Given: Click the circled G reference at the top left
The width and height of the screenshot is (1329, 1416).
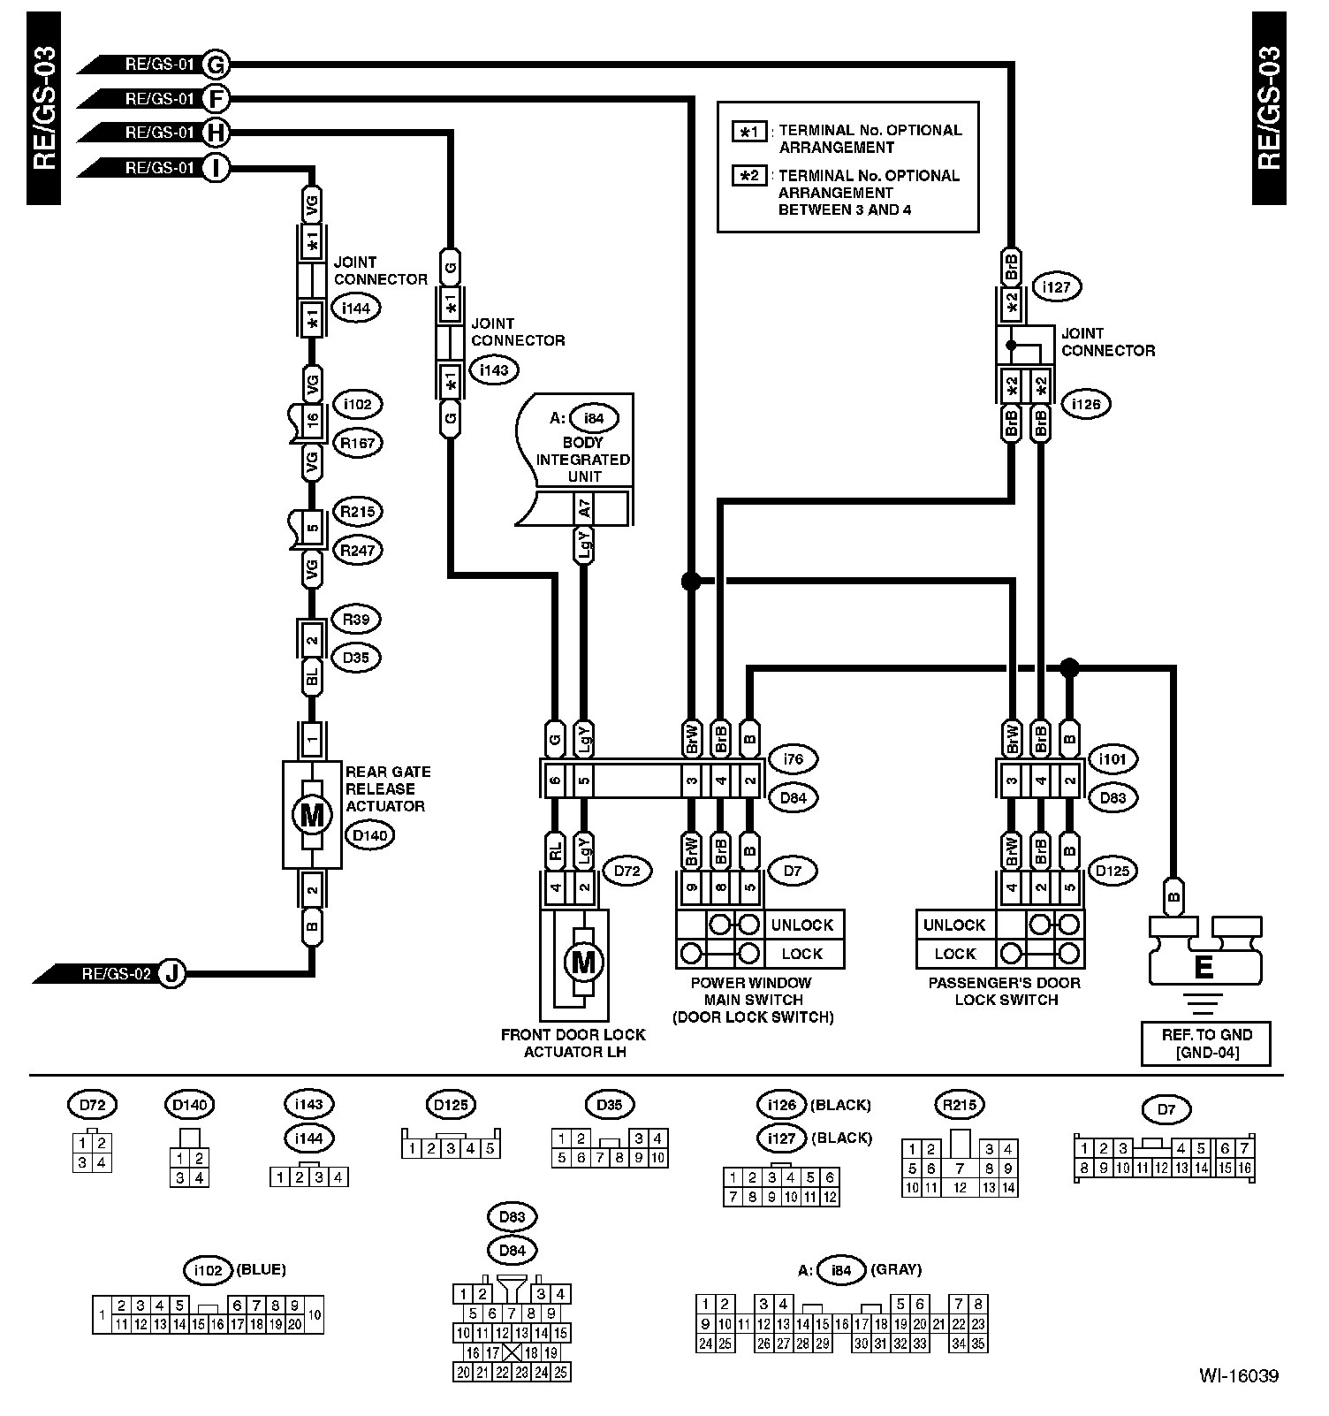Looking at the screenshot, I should coord(216,65).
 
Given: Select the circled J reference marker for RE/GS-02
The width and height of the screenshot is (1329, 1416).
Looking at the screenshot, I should coord(173,974).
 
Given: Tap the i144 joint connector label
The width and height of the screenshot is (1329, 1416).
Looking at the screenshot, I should coord(355,308).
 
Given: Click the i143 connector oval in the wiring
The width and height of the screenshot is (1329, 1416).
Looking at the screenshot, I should coord(494,370).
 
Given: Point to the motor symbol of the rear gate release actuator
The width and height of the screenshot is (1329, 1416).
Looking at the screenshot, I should coord(312,814).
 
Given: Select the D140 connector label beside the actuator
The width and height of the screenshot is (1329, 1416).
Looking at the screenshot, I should coord(368,835).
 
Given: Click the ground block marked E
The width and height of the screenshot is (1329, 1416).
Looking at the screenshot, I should coord(1204,966).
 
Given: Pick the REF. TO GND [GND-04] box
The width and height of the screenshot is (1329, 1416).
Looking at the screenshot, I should coord(1207,1043).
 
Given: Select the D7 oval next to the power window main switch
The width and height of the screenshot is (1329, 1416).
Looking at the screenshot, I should coord(792,871).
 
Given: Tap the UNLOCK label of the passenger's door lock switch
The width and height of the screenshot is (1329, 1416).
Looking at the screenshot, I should coord(954,925).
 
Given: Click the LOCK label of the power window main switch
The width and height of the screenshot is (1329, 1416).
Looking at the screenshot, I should coord(801,955).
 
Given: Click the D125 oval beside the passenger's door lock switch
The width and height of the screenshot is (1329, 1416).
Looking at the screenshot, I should coord(1113,871).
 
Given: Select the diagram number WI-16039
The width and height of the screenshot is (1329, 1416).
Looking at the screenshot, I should coord(1238,1376).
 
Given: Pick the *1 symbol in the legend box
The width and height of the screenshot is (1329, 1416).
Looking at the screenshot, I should coord(749,132).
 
